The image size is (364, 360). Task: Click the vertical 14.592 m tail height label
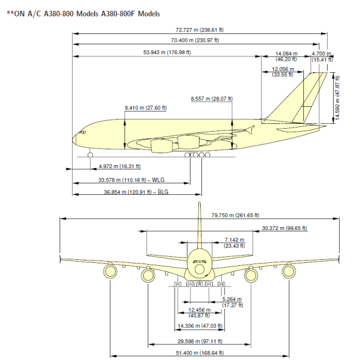(338, 100)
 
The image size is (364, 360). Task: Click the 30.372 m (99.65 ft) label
(284, 228)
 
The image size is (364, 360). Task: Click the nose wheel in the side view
(90, 155)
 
